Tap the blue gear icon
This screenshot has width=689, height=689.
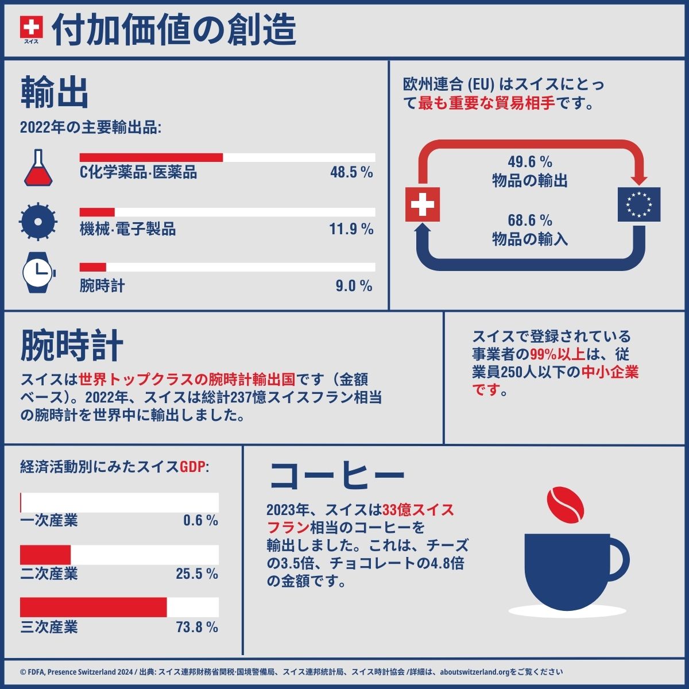point(38,220)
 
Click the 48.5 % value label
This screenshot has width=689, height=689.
point(351,172)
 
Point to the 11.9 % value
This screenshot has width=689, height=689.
point(351,230)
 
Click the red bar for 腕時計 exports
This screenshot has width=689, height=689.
point(92,267)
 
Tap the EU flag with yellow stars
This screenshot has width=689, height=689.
point(638,204)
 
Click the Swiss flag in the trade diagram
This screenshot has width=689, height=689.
point(423,204)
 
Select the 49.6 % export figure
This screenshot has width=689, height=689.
point(529,162)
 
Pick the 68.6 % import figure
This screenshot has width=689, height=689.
point(529,220)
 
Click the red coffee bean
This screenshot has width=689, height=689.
point(566,505)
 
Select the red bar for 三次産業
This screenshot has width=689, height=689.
point(93,607)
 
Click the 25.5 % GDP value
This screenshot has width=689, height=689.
point(197,574)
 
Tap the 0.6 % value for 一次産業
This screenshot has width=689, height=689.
point(200,521)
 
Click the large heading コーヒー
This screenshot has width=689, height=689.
point(337,474)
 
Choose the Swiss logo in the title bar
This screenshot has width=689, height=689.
point(31,28)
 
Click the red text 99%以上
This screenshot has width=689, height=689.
point(549,354)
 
